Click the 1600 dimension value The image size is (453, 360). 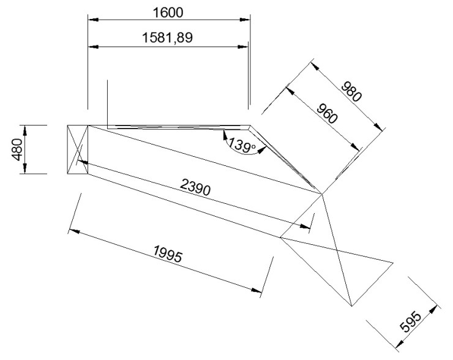coord(168,12)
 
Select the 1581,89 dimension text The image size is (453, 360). coord(168,38)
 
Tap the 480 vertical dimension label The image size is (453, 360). coord(17,149)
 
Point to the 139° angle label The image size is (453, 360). coord(242,145)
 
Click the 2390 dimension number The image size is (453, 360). coord(195,187)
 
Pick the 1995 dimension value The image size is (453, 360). coord(168,253)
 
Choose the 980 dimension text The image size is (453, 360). coord(351,92)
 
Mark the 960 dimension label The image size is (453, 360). coord(327,113)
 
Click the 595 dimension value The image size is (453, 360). coord(411,321)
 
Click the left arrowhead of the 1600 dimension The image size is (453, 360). coord(93,20)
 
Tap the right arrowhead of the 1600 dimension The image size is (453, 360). coord(245,20)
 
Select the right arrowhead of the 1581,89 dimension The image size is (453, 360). coord(243,47)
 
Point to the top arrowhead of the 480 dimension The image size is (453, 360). coord(25,130)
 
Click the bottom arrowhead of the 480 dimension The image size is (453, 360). coord(25,169)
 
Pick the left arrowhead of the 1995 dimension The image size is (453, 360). coord(75,231)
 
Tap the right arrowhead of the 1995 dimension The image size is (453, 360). coord(257,290)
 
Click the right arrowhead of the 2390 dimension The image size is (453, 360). coord(305,226)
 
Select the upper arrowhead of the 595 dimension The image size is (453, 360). coord(433,310)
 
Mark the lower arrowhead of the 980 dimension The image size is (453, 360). coord(378,127)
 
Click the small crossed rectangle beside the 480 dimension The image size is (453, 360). coord(77,149)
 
